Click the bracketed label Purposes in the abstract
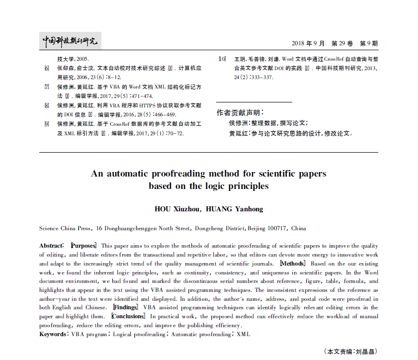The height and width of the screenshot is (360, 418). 83,246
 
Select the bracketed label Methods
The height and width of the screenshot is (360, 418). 293,263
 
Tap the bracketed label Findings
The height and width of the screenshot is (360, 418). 125,307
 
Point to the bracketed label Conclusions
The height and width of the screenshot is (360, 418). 128,316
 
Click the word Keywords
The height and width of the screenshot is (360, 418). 53,334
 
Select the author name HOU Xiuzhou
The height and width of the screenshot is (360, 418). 176,209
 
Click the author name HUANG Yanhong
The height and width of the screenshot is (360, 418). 234,209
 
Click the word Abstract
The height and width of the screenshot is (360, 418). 51,246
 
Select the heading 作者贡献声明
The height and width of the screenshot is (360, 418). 240,112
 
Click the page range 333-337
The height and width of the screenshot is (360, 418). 260,78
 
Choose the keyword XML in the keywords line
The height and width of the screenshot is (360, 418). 243,334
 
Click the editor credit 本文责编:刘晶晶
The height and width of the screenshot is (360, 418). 350,352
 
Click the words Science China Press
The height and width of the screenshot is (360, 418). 65,229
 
